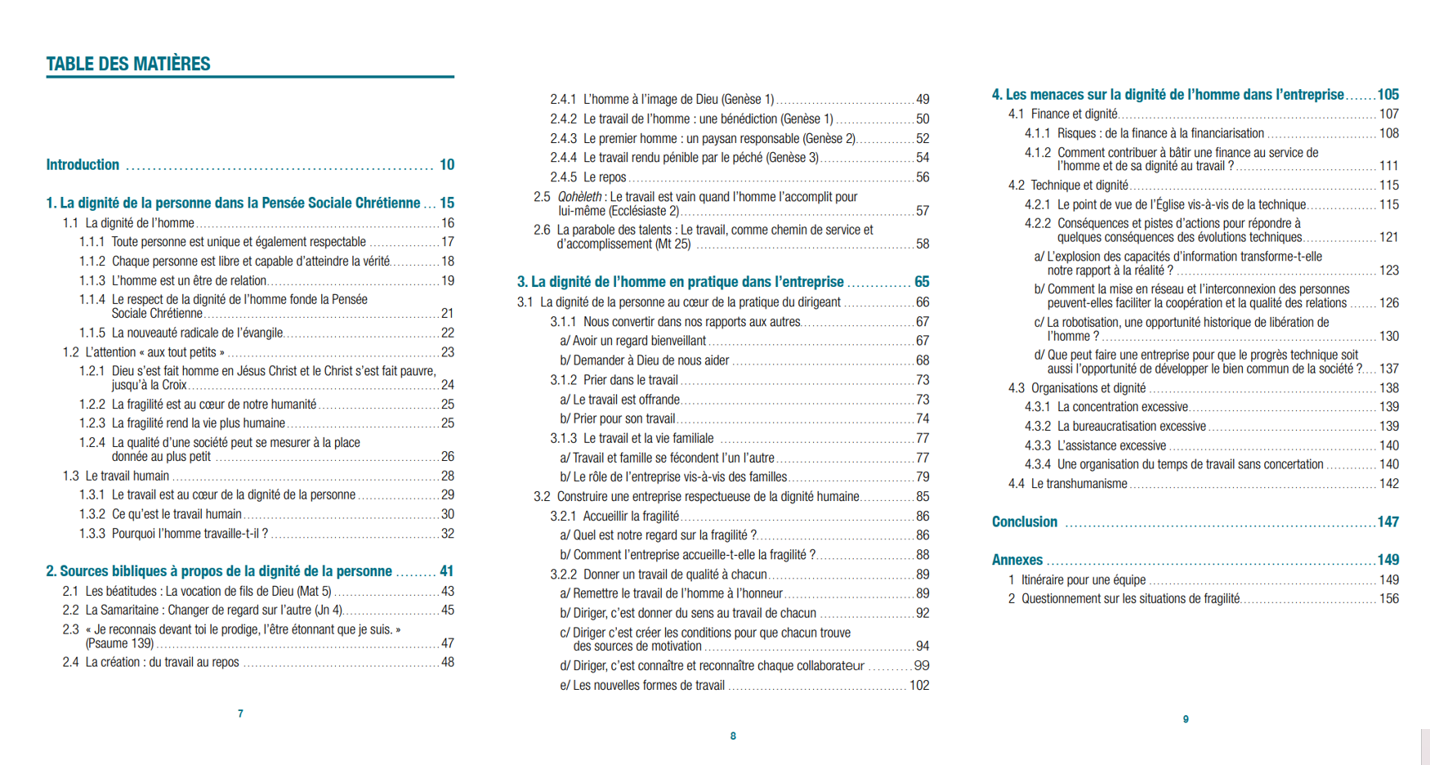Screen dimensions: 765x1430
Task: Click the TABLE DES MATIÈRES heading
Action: pos(128,64)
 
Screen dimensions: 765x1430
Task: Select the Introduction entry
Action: pos(83,165)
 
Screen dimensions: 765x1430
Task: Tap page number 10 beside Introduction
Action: pos(447,165)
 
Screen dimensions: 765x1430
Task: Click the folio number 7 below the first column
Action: pos(240,714)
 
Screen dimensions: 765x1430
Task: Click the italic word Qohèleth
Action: pos(579,197)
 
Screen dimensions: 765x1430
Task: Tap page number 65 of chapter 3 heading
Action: pos(922,282)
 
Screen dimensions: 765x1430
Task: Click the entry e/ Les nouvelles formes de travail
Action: pos(642,686)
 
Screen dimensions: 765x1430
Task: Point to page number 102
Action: pos(919,686)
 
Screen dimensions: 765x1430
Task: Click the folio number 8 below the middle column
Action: pos(733,736)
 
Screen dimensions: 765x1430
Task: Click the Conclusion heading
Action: pos(1025,522)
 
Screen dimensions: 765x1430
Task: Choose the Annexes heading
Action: pos(1017,560)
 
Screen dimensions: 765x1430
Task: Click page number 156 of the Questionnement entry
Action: pos(1389,599)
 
